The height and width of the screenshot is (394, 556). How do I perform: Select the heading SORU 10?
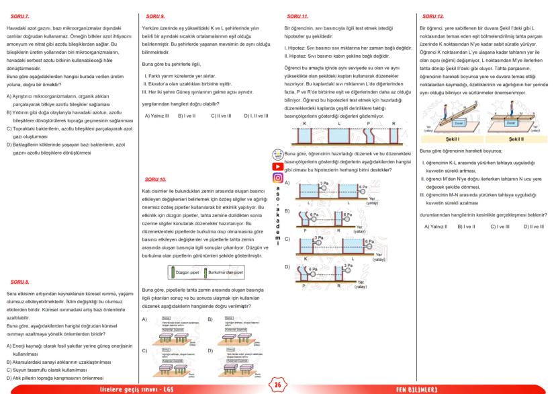155,180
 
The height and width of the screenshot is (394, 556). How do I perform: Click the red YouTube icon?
277,166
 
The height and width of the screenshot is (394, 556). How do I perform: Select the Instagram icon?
277,178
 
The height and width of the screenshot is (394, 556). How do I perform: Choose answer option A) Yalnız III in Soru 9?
156,116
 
